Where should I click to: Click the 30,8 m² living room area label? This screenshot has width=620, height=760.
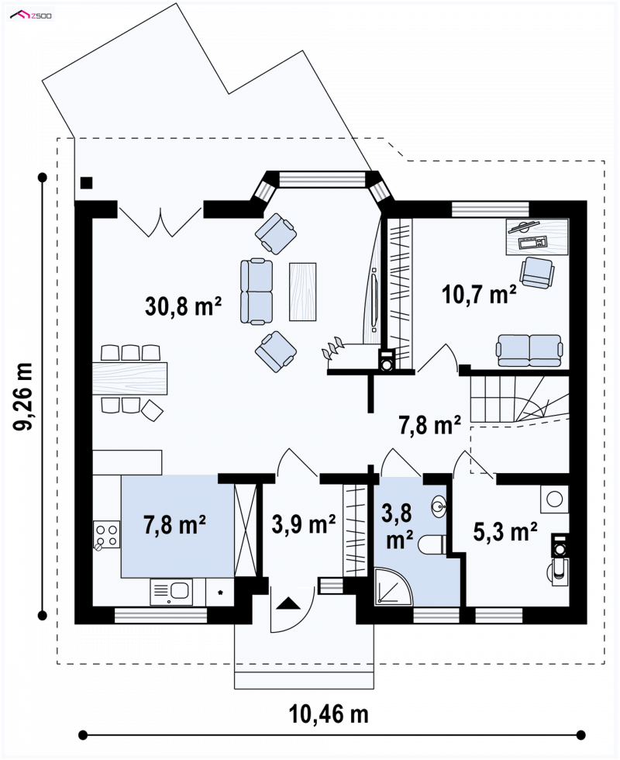click(183, 306)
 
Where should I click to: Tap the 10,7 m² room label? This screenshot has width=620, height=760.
click(479, 294)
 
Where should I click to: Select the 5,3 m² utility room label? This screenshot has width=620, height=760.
click(505, 532)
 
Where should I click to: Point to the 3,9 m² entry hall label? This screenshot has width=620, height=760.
click(304, 524)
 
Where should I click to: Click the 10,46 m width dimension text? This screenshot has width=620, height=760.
click(329, 714)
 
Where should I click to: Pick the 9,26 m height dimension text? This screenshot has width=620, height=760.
click(23, 396)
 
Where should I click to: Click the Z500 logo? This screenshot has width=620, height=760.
click(31, 16)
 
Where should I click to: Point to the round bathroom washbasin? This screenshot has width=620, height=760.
click(439, 506)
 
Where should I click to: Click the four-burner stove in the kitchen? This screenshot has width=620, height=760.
click(107, 534)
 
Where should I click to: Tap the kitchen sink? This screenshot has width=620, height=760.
click(171, 592)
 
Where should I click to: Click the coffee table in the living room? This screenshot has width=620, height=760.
click(303, 292)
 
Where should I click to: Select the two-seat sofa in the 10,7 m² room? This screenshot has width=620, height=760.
click(529, 350)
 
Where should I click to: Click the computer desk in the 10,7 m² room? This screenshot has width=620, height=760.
click(537, 237)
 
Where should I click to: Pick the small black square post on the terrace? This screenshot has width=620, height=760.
click(87, 183)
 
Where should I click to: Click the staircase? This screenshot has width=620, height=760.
click(518, 401)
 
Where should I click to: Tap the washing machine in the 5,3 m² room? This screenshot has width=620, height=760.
click(555, 498)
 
